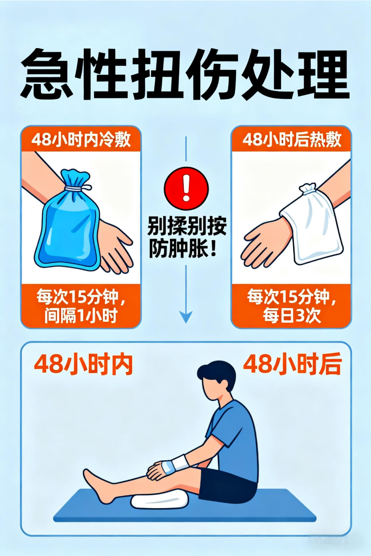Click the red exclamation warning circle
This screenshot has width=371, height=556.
point(186,189)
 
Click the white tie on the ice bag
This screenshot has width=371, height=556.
point(77,188)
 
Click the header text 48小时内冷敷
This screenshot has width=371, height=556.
point(81,139)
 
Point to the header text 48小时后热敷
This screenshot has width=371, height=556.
point(291,139)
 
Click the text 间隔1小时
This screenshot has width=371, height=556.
point(81,316)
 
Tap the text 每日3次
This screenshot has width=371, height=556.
point(291,316)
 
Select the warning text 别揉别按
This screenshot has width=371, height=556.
point(187,226)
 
